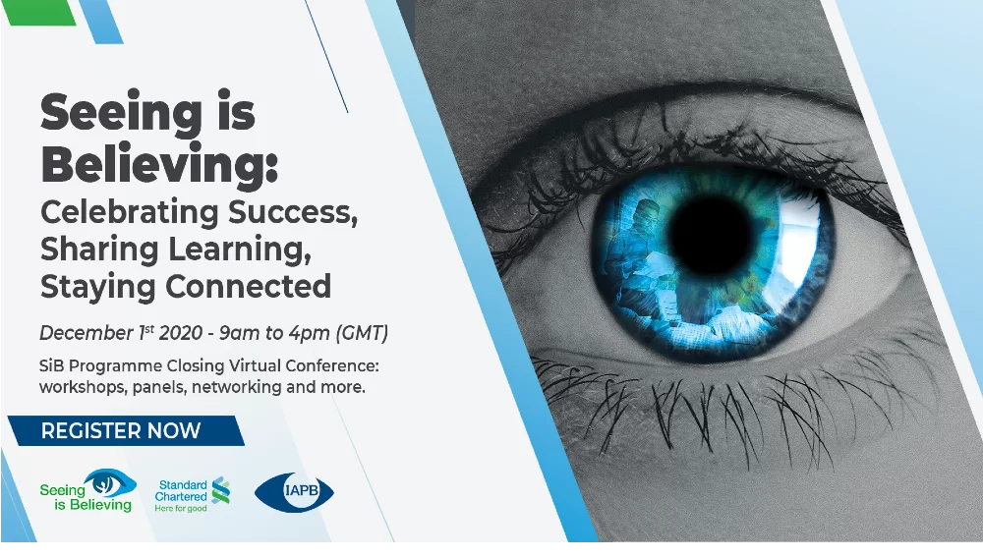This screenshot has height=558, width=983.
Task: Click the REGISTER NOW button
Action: tap(126, 431)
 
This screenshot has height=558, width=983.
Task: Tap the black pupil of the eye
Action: tap(711, 235)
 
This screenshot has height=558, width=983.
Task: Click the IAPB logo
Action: tap(294, 492)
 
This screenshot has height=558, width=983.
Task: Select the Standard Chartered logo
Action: tap(193, 495)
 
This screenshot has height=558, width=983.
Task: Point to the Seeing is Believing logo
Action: tap(87, 491)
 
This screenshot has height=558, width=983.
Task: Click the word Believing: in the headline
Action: tap(159, 163)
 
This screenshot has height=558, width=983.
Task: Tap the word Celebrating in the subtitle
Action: tap(129, 211)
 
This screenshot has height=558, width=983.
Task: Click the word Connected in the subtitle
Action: tap(249, 286)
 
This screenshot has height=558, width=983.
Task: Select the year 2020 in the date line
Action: tap(181, 333)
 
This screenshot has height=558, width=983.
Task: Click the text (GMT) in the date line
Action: tap(363, 333)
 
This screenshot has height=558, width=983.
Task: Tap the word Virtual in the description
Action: tap(256, 365)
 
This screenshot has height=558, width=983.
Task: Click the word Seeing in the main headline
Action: tap(121, 114)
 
